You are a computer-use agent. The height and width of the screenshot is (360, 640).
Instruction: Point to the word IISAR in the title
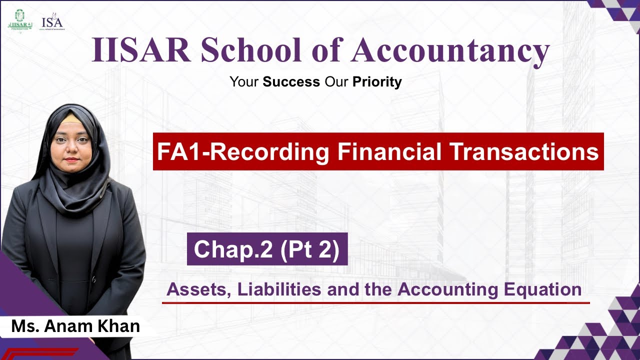(x=140, y=51)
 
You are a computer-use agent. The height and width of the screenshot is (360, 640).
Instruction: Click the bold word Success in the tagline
(x=291, y=81)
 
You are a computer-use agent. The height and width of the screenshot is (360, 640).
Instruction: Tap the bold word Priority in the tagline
(x=377, y=81)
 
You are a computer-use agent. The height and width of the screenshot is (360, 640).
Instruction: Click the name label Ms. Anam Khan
(x=75, y=326)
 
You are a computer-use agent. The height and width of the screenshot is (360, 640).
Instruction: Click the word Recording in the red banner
(x=270, y=151)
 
